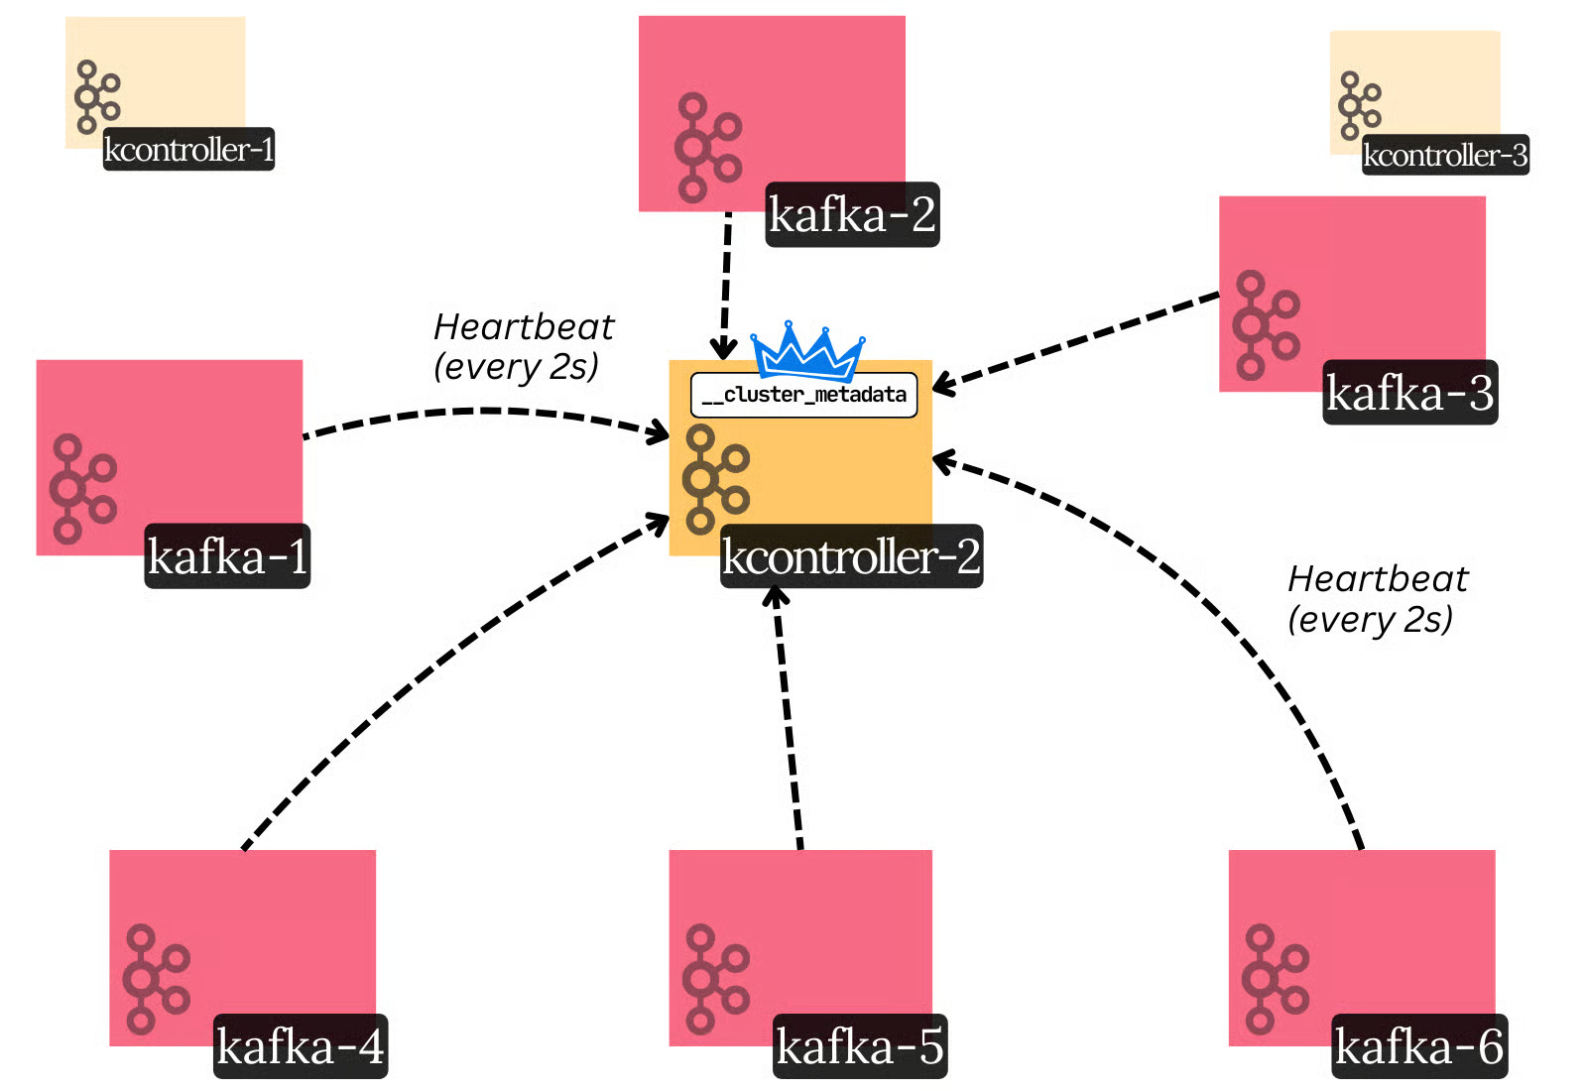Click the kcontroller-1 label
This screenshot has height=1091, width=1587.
188,150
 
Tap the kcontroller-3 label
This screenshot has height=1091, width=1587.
1444,156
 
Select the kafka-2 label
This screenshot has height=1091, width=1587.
852,214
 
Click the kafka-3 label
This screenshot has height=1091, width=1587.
1409,393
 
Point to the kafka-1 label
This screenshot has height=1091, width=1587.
227,555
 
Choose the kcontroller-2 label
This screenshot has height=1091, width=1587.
851,555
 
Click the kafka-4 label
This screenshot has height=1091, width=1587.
300,1046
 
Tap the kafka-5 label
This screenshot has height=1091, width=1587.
859,1046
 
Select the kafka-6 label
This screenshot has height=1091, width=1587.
1418,1046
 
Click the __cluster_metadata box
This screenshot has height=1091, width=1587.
803,396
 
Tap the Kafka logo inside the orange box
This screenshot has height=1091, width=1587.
714,479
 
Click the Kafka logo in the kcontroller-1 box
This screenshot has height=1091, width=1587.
96,96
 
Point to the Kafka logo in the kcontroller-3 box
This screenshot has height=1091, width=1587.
1359,105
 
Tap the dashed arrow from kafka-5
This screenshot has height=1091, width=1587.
788,714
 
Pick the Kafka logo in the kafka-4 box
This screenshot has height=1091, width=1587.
156,980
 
